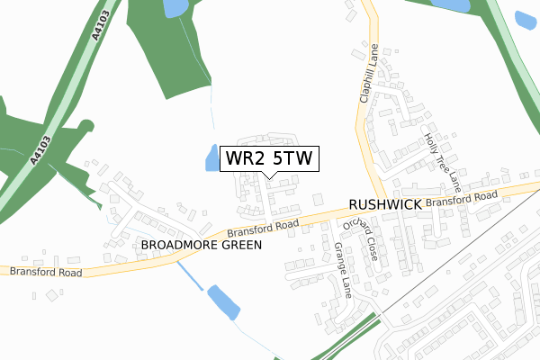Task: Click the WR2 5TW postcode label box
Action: click(269, 159)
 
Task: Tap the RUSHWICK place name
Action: click(384, 205)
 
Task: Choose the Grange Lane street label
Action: click(343, 269)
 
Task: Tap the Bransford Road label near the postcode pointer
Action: click(262, 229)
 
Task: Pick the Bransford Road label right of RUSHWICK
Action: click(462, 200)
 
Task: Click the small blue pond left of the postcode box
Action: click(211, 157)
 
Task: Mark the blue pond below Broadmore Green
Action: click(223, 302)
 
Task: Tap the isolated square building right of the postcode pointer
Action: click(317, 198)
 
